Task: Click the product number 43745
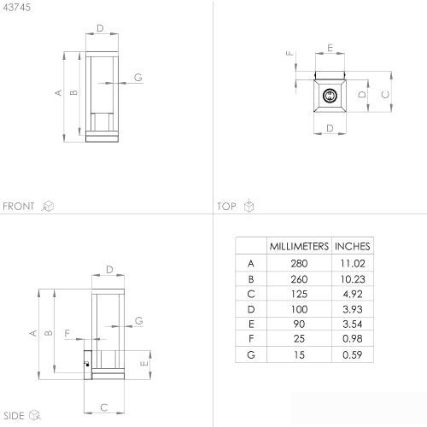(x=17, y=8)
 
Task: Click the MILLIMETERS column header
(x=299, y=246)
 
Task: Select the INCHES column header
(x=353, y=246)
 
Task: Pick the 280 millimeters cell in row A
(x=299, y=264)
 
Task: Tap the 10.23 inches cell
(x=353, y=279)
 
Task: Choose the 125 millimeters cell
(x=299, y=294)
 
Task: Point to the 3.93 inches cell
(x=353, y=309)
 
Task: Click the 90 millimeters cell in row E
(x=299, y=324)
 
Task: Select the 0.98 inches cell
(x=353, y=339)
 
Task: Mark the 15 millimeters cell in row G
(x=299, y=355)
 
